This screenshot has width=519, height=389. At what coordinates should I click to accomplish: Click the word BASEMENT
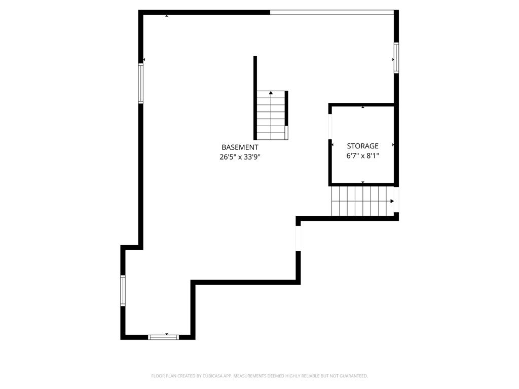coord(240,147)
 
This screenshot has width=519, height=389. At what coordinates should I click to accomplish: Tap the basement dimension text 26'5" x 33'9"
coord(240,157)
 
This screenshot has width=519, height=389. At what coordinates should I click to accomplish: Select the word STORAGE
coord(362,146)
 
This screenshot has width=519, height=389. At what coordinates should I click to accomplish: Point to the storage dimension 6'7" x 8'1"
coord(362,155)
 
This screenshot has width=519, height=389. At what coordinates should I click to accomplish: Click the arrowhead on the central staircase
coord(271,93)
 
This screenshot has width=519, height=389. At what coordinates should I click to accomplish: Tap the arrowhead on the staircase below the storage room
coord(392,201)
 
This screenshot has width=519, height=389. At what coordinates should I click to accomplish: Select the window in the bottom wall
coord(163,337)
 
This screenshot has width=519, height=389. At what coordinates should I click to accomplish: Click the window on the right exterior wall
coord(396,58)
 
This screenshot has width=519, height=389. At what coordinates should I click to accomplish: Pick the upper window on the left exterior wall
coord(141,84)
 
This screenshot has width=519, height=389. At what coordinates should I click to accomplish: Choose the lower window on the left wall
coord(123,290)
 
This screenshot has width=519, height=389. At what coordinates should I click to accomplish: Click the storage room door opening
coord(330,127)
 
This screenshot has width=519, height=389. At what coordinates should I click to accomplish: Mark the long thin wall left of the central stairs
coord(255,98)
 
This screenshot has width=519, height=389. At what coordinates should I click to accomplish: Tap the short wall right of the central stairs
coord(286,108)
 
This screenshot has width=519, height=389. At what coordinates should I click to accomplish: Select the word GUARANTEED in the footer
coord(355,376)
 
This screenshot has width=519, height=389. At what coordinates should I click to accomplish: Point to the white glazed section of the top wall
coord(332,13)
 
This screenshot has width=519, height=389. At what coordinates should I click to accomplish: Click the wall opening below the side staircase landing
coord(298,239)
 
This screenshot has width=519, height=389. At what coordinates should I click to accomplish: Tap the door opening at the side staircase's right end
coord(396,200)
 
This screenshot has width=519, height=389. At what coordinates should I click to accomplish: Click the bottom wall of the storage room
coord(363,184)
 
